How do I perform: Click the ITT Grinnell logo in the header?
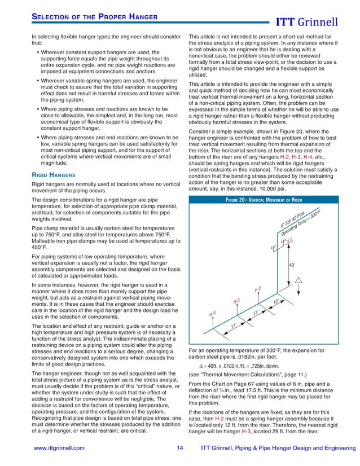point(313,23)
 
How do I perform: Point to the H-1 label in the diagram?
point(289,241)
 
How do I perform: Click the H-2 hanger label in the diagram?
point(257,289)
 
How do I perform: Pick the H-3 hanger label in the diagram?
point(237,301)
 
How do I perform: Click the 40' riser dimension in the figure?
point(292,265)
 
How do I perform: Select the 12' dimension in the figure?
point(276,302)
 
